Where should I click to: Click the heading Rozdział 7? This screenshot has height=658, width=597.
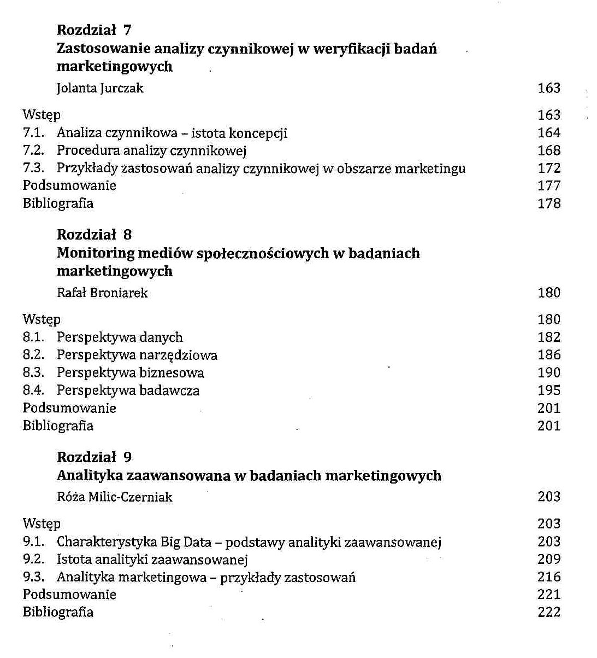coord(94,30)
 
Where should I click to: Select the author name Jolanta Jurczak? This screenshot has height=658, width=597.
coord(100,88)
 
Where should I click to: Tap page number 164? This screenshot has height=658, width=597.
coord(549,133)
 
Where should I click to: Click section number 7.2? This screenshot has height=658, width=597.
coord(33,150)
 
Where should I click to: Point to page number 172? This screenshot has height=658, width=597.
coord(549,168)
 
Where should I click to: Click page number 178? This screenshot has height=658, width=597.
coord(549,203)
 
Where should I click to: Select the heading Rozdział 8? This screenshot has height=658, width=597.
coord(94,235)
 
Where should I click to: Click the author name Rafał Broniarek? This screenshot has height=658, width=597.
coord(102,293)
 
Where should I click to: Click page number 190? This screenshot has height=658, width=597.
coord(549,372)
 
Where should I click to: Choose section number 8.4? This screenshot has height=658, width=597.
coord(33,391)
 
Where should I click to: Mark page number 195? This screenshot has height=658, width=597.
coord(549,391)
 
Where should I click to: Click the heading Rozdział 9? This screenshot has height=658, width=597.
coord(94,457)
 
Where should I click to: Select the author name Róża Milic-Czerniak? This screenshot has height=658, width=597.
coord(115,497)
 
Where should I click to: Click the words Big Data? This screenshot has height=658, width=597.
coord(186,542)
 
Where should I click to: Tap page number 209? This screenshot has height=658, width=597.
coord(549,559)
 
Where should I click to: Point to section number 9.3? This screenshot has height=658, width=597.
coord(33,577)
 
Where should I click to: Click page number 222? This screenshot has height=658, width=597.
coord(549,612)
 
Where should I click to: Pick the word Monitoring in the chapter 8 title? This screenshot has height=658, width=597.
coord(96,253)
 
